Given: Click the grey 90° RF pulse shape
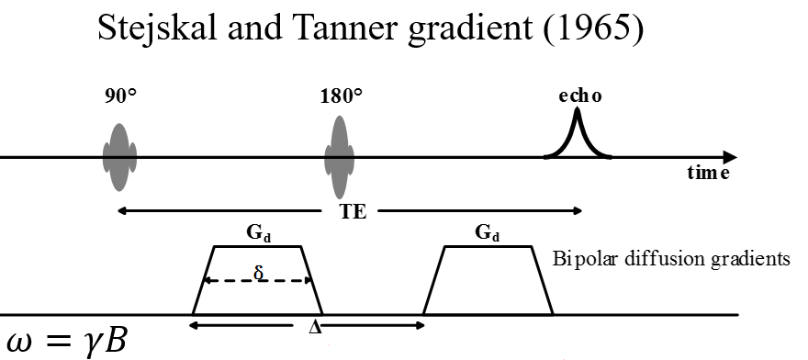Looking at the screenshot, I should (118, 157).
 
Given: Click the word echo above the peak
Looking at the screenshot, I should (578, 96).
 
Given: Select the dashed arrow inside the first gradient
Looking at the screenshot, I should (275, 281).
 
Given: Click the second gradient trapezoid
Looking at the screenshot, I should (488, 281).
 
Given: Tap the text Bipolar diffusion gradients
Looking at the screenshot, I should (671, 258).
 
